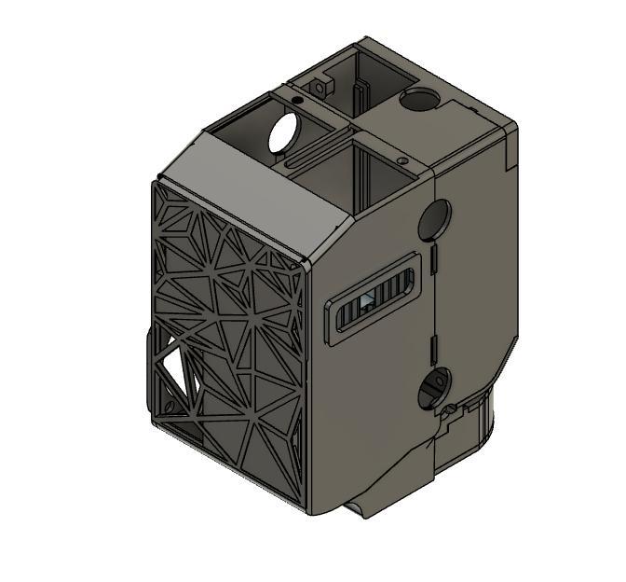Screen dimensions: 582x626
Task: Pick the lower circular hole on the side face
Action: click(x=434, y=386)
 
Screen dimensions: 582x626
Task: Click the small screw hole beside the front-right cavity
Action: click(x=401, y=160)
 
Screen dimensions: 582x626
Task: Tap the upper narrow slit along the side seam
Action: click(x=434, y=260)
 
